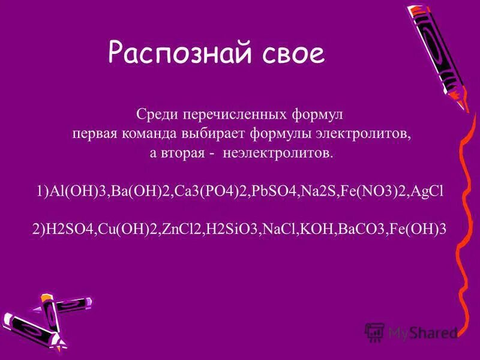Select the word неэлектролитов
click(276, 153)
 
